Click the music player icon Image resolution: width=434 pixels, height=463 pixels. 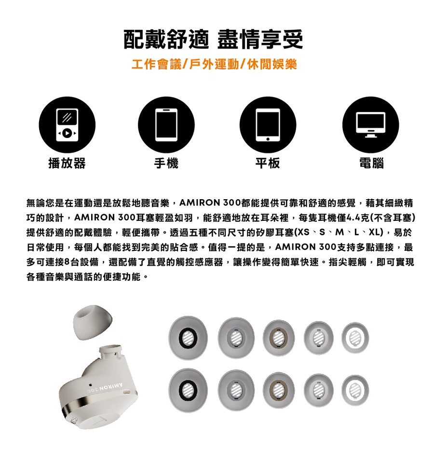pos(67,125)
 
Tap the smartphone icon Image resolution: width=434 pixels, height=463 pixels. pos(166,125)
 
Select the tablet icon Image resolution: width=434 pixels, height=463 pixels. pos(268,125)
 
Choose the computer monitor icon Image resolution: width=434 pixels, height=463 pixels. pos(370,125)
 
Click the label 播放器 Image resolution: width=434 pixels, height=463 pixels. pos(67,164)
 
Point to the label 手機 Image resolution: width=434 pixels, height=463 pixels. pos(166,164)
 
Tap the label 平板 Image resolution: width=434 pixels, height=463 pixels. pos(268,164)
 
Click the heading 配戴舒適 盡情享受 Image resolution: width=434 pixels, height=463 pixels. pos(214,39)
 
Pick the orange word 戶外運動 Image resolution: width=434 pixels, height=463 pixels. pos(214,65)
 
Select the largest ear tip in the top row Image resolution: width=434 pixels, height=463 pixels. pos(189,337)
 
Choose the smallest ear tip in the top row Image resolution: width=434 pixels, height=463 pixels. pos(355,337)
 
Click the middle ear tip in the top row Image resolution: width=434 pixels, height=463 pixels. pos(278,337)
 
